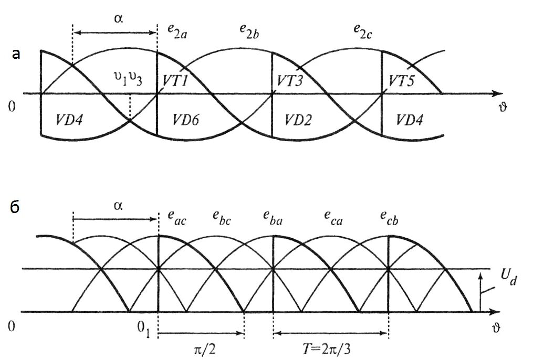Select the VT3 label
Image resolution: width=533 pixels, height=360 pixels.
pyautogui.click(x=290, y=81)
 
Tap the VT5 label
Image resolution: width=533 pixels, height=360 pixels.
pyautogui.click(x=402, y=81)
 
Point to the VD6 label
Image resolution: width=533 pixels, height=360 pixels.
pyautogui.click(x=185, y=120)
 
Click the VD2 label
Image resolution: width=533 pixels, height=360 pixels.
pyautogui.click(x=298, y=120)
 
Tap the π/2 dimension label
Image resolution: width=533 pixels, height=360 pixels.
pyautogui.click(x=202, y=348)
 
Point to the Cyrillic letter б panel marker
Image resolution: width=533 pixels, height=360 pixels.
pyautogui.click(x=15, y=207)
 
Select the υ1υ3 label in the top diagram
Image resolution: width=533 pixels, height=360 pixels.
pyautogui.click(x=128, y=79)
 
